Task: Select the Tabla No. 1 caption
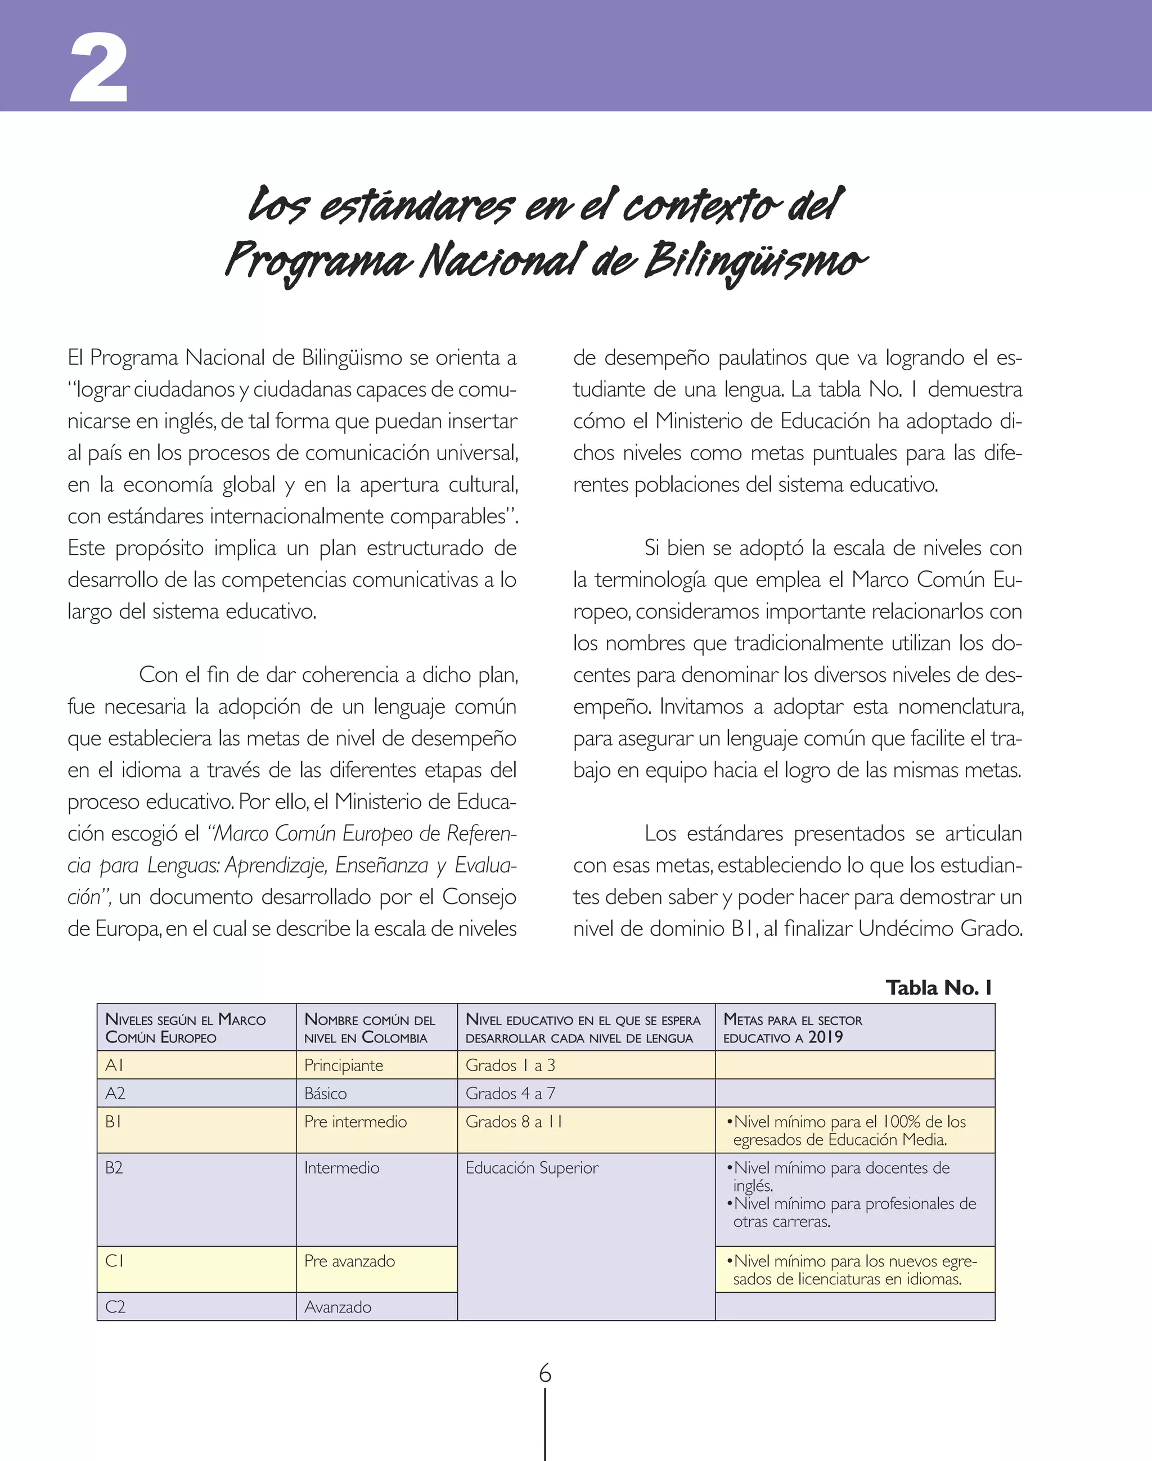point(938,988)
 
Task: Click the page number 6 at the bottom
point(545,1373)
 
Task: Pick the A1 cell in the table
point(115,1065)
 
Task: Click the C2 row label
point(115,1306)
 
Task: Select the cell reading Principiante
point(343,1065)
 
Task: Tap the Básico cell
point(326,1094)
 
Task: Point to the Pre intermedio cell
point(355,1122)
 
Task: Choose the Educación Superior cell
point(532,1167)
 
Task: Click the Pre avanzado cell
point(349,1261)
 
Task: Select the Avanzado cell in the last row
point(338,1306)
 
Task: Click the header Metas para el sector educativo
point(793,1028)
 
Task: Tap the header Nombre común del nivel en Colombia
point(370,1028)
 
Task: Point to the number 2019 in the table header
point(826,1037)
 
